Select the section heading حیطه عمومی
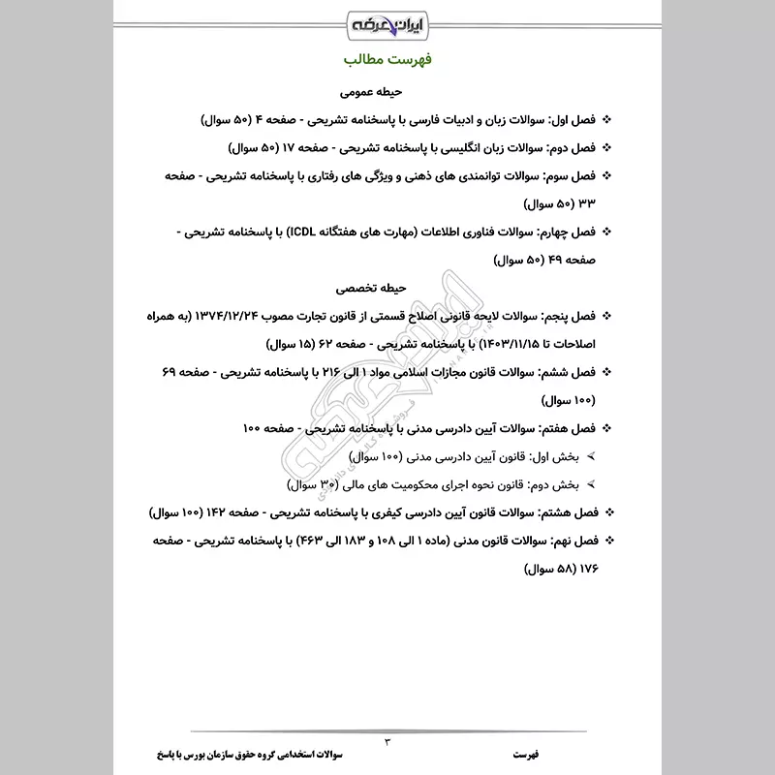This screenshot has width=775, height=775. tap(387, 94)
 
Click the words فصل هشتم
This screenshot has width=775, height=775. tap(564, 511)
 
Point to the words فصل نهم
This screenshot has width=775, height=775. tap(567, 539)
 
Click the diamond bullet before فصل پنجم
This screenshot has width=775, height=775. tap(606, 317)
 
